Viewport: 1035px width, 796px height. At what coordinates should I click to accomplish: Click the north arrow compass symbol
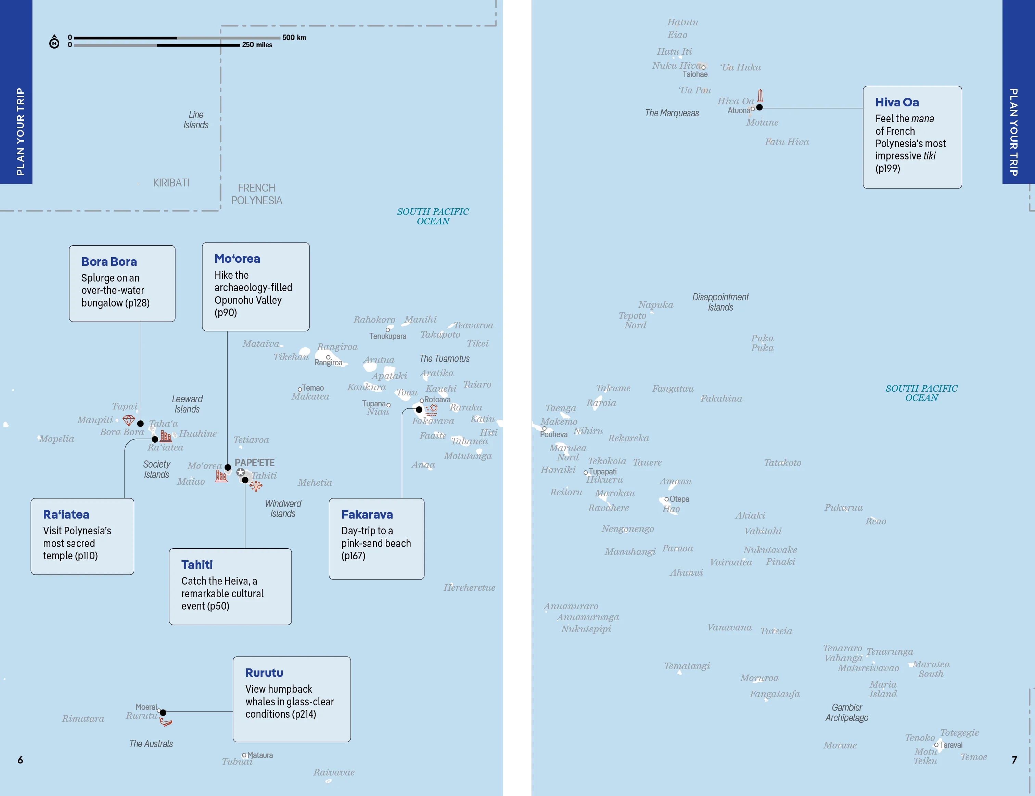(x=54, y=42)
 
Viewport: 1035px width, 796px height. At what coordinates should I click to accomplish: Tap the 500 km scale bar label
(x=294, y=37)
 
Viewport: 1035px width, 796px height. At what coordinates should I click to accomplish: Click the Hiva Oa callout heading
(x=897, y=102)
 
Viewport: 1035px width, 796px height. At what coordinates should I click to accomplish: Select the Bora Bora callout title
(x=109, y=262)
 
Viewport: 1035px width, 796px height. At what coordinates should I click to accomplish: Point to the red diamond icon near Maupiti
(x=128, y=420)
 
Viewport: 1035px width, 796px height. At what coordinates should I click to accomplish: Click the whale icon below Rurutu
(x=166, y=722)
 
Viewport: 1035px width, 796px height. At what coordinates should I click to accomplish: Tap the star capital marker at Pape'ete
(x=241, y=472)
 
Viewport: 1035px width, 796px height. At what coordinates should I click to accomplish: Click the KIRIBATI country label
(x=171, y=183)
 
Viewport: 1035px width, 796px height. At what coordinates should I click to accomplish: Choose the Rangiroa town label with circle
(x=328, y=361)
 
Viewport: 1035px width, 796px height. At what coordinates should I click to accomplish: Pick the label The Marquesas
(x=672, y=113)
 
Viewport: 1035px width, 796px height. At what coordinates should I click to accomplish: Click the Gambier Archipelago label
(x=847, y=712)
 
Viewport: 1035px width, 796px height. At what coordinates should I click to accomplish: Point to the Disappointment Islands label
(x=720, y=302)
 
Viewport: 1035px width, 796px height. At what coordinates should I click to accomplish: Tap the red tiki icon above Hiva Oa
(x=760, y=96)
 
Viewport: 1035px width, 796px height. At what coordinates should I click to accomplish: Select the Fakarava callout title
(x=367, y=515)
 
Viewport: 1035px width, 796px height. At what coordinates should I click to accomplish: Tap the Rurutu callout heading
(x=264, y=673)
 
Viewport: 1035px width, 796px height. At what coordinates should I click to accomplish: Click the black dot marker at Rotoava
(x=419, y=409)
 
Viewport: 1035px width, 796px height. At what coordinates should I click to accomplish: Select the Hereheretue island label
(x=469, y=588)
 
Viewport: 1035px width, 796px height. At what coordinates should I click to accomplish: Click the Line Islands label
(x=196, y=120)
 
